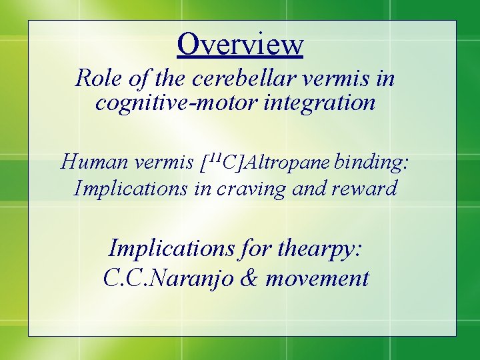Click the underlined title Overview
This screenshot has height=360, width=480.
240,44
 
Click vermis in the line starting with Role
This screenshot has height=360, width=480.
337,79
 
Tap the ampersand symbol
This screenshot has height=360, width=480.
247,277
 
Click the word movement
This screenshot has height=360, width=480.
317,277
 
